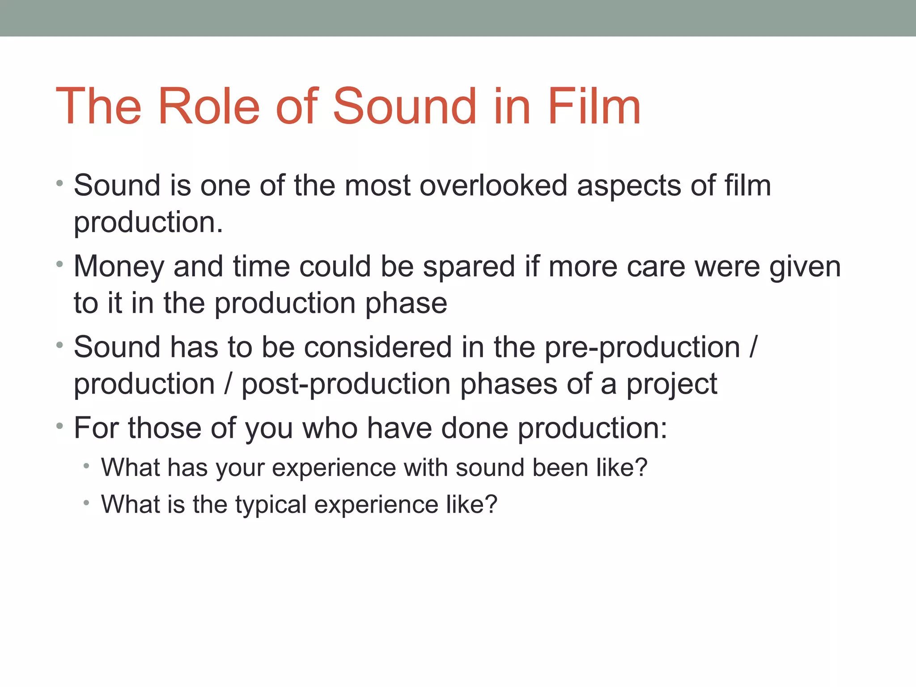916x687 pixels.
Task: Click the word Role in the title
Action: click(x=208, y=106)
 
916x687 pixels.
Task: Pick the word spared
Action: click(x=469, y=267)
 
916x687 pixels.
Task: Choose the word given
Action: click(x=805, y=267)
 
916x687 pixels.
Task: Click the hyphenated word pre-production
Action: click(x=642, y=348)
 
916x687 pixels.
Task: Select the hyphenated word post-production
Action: click(x=346, y=385)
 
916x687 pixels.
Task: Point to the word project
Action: click(x=671, y=385)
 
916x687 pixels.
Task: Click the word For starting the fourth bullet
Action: click(x=96, y=428)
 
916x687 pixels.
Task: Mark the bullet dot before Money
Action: click(x=60, y=264)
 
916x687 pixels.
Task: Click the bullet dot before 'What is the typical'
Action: click(x=86, y=503)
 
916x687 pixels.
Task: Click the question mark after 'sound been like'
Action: click(x=641, y=467)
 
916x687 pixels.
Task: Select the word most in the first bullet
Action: click(x=377, y=186)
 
